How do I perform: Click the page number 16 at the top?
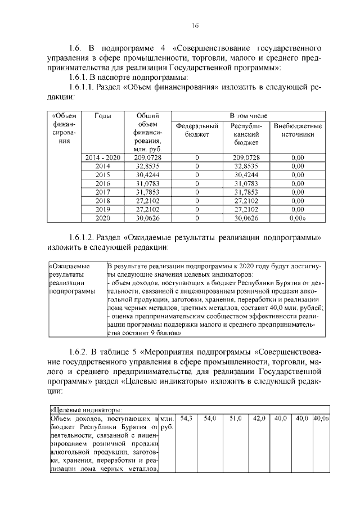click(195, 25)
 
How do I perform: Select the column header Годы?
click(102, 116)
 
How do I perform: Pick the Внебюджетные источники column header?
click(298, 131)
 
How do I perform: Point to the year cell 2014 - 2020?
click(102, 157)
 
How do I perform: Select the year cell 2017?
click(102, 191)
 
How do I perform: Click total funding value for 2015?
click(147, 174)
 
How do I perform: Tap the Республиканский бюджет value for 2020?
click(246, 217)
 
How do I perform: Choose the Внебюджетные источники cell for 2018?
click(298, 200)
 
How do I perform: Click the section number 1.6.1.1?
click(81, 87)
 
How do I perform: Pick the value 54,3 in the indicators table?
click(186, 418)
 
